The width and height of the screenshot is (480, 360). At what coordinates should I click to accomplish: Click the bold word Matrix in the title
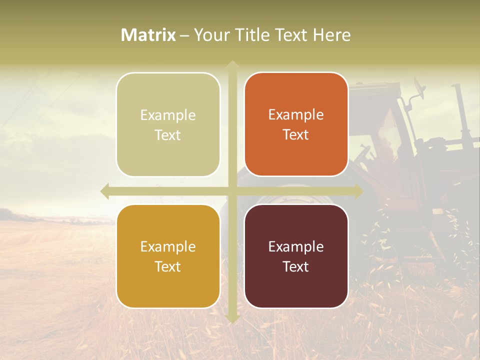click(x=148, y=35)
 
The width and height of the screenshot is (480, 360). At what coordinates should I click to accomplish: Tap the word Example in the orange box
click(x=296, y=115)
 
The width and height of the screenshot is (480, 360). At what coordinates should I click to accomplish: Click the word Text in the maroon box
click(x=296, y=266)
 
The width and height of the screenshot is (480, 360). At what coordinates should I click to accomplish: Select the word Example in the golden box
click(x=168, y=246)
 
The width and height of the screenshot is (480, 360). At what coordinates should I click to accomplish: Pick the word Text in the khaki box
click(x=168, y=135)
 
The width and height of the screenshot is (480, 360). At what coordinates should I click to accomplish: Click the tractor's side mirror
click(x=419, y=90)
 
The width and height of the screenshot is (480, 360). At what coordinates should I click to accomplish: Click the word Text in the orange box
click(x=296, y=135)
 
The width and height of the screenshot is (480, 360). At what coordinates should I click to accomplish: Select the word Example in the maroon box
click(x=296, y=246)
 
